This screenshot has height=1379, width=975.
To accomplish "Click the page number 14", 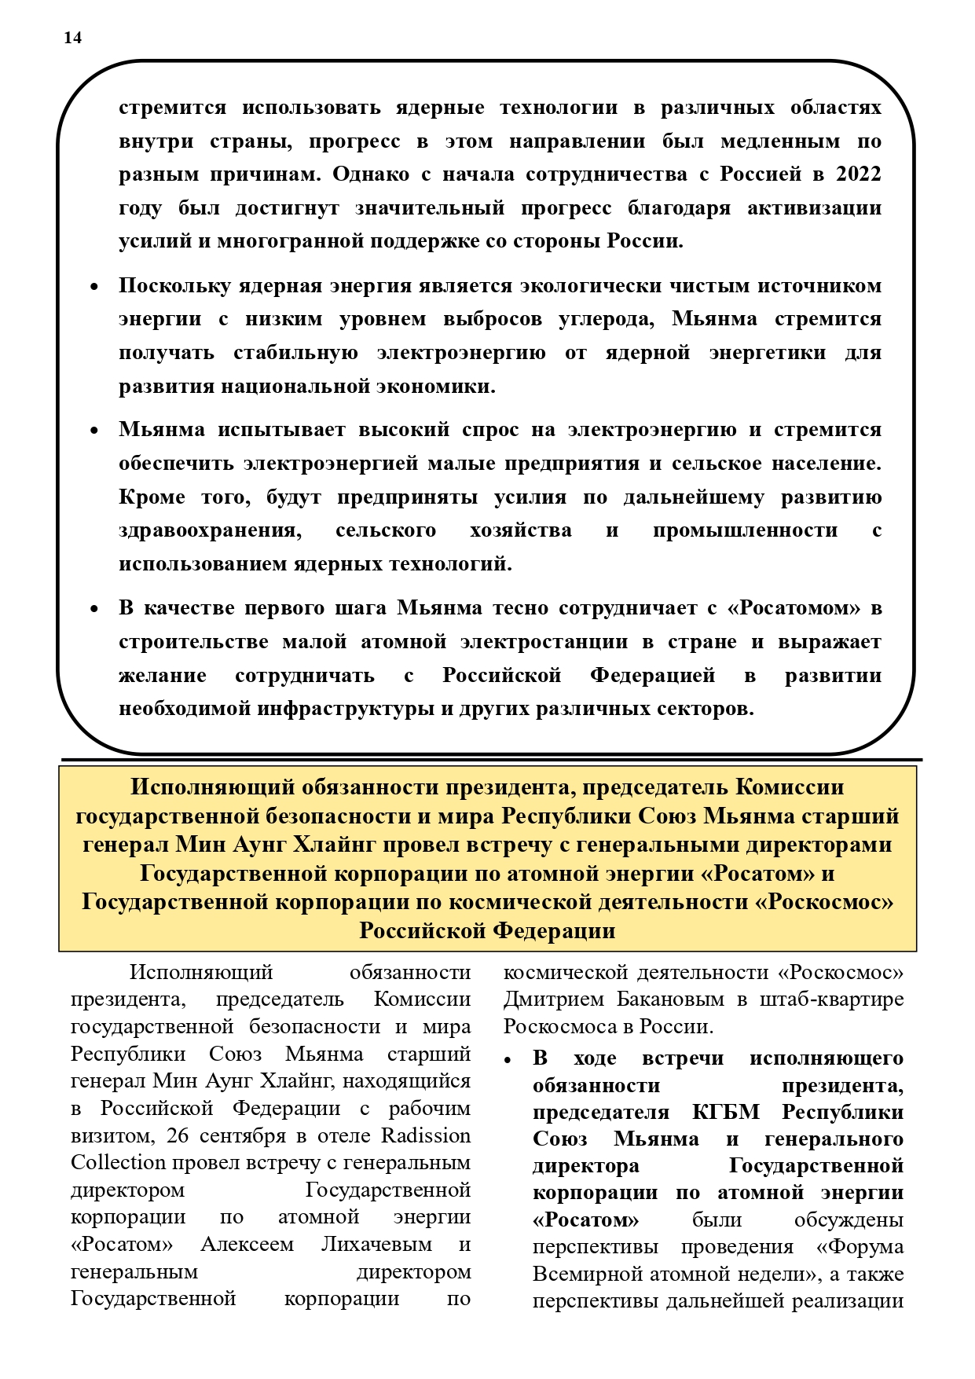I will pyautogui.click(x=72, y=38).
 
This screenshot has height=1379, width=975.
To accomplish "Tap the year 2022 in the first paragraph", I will pyautogui.click(x=858, y=174).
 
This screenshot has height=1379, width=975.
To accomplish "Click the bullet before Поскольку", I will pyautogui.click(x=94, y=288).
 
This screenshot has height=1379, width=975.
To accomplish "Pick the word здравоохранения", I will pyautogui.click(x=210, y=530).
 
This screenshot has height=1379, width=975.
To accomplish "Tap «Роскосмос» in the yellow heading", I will pyautogui.click(x=824, y=901).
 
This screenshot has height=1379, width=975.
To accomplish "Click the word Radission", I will pyautogui.click(x=426, y=1136).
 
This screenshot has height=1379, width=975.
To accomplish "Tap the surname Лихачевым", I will pyautogui.click(x=376, y=1245).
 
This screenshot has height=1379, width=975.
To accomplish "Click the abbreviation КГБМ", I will pyautogui.click(x=726, y=1113).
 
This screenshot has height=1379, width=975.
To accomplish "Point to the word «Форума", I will pyautogui.click(x=860, y=1247).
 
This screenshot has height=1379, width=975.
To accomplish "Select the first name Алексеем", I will pyautogui.click(x=247, y=1245).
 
